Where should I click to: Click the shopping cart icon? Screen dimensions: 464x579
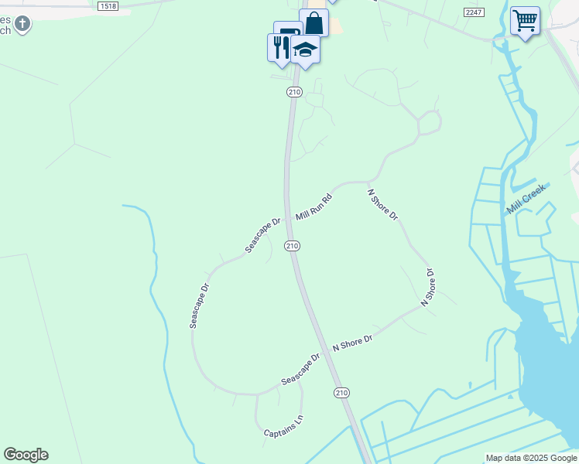pos(525,20)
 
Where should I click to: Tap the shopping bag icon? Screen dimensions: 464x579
pos(314,22)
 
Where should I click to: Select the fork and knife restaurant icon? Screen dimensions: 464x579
pos(279,47)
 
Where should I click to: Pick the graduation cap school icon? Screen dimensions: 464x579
pos(306,49)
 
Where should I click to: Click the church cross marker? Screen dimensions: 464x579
pos(22,23)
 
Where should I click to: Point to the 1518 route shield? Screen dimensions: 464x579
pos(108,5)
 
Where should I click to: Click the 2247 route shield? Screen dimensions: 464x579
pos(474,12)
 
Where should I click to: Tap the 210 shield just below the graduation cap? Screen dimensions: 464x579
pos(293,92)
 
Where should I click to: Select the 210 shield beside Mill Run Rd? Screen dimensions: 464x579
pos(291,245)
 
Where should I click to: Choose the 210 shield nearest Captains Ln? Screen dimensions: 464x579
pos(341,393)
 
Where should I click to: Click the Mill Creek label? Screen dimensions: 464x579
pos(526,198)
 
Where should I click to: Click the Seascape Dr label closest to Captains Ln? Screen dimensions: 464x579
pos(300,370)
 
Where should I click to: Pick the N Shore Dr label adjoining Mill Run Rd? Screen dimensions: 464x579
pos(382,205)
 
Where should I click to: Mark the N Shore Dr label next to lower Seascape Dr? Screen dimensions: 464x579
pos(352,342)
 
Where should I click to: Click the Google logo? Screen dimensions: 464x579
pos(26,455)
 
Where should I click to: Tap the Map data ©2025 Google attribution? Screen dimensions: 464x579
pos(531,459)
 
